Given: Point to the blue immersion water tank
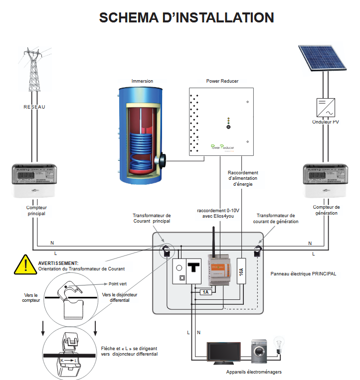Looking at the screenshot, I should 140,135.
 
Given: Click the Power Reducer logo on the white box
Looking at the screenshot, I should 222,147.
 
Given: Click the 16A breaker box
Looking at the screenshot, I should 241,271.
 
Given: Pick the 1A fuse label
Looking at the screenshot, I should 205,292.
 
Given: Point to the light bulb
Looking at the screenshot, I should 280,344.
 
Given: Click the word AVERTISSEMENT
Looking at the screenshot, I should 58,262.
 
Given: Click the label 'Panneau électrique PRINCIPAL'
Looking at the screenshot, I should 303,274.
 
